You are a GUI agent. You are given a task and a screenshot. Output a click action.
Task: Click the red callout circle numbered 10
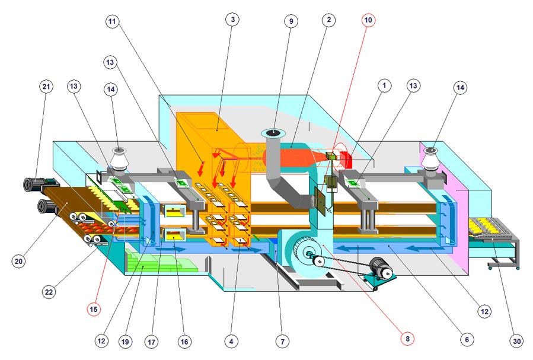point(368,20)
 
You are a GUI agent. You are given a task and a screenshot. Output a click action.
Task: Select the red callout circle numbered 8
point(407,338)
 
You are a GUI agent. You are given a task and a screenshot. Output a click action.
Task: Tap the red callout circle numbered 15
point(94,310)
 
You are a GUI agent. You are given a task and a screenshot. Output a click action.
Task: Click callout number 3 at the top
point(232,20)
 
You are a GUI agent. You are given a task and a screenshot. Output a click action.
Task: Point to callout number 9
point(291,21)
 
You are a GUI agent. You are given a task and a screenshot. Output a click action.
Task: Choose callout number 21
point(46,87)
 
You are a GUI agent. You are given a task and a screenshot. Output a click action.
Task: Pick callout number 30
point(516,341)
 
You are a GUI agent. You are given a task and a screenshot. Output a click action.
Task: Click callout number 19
point(125,342)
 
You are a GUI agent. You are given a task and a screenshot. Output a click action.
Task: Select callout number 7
point(282,341)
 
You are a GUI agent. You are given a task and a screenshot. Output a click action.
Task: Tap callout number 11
point(112,21)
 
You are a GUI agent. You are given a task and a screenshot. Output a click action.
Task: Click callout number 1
point(384,85)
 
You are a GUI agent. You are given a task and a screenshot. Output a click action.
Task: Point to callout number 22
point(49,292)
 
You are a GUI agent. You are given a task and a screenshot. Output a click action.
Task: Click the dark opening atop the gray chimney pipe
point(273,132)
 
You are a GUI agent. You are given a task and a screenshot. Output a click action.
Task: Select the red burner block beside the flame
point(344,160)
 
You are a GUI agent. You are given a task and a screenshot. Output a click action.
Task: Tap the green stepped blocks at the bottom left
point(159,262)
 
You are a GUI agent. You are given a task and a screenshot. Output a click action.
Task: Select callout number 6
point(467,339)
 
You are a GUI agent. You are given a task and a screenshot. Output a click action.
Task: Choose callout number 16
point(184,342)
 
